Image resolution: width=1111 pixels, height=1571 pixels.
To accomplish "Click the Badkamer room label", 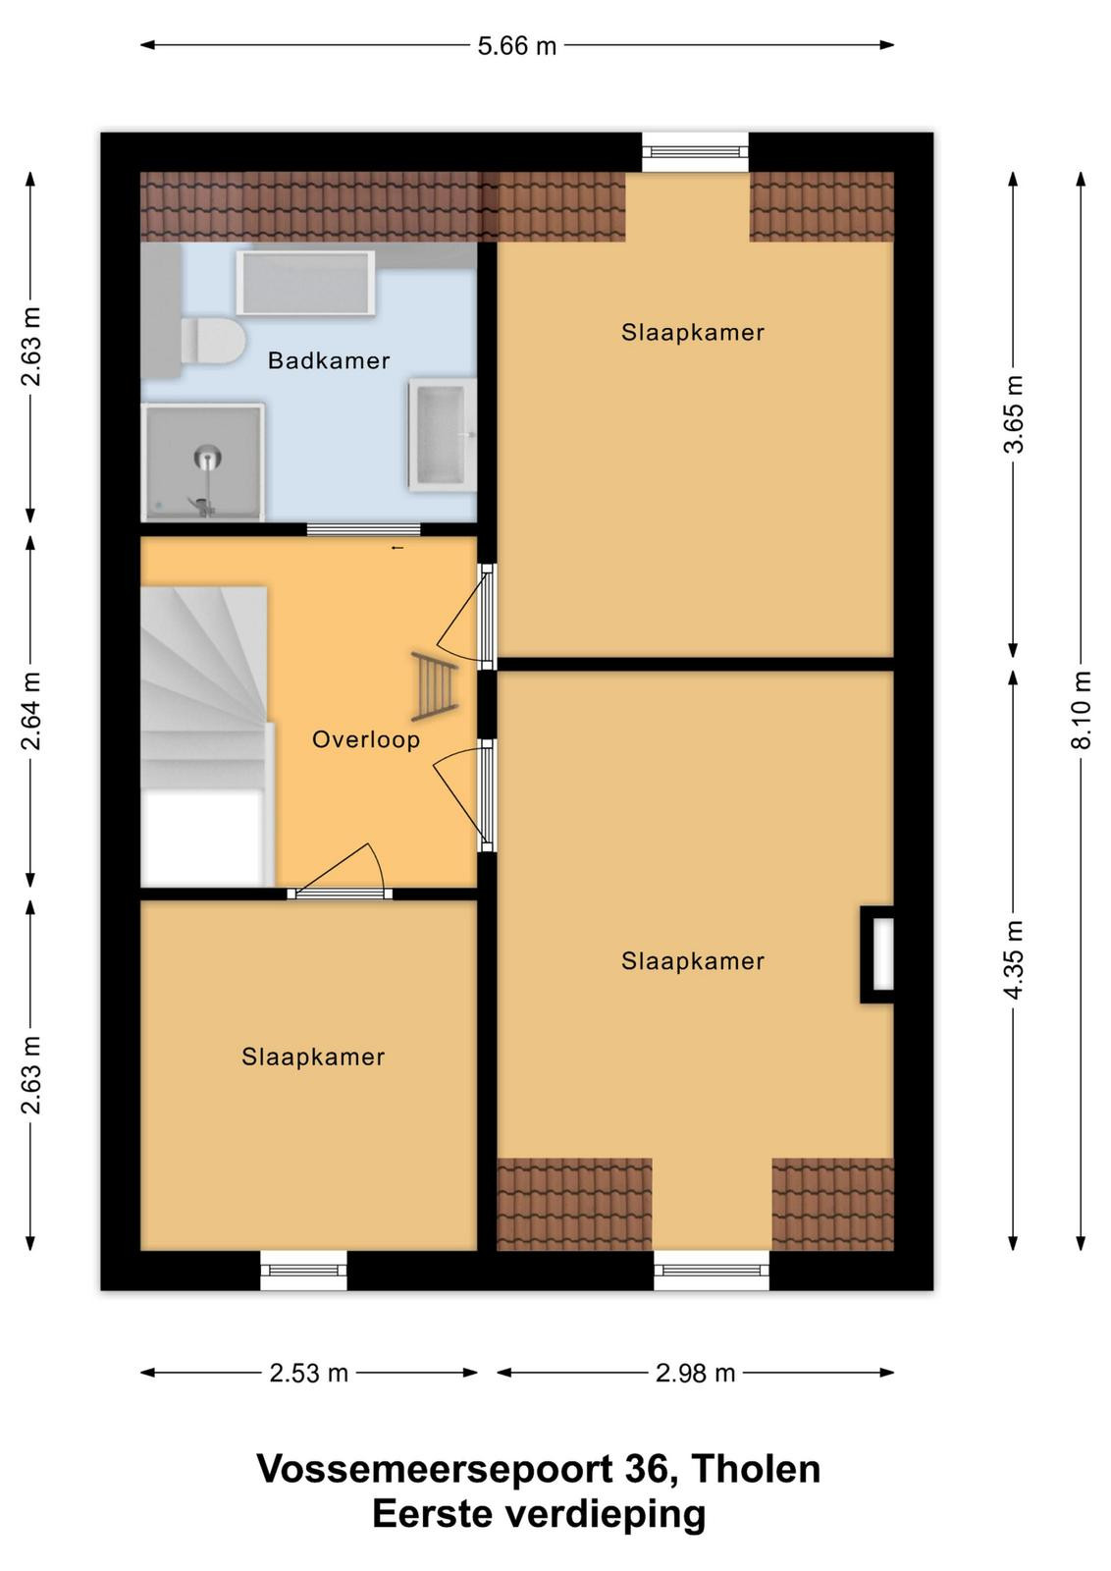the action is click(x=328, y=360).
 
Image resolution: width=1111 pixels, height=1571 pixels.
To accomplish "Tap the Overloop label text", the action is click(x=366, y=740).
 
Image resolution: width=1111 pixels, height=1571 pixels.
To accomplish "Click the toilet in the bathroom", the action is click(x=212, y=341).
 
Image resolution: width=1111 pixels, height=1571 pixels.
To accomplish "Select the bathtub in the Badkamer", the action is click(x=305, y=283).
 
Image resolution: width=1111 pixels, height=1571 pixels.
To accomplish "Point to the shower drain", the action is click(x=207, y=457).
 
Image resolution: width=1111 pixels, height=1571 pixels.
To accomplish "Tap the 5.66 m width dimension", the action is click(x=517, y=46).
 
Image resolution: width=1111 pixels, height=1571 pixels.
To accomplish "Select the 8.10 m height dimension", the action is click(x=1081, y=711).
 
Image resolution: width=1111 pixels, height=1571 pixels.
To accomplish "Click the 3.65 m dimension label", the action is click(x=1013, y=414).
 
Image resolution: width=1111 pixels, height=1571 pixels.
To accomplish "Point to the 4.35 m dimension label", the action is click(x=1013, y=958).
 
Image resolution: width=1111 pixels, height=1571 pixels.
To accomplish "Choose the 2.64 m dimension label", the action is click(x=30, y=711).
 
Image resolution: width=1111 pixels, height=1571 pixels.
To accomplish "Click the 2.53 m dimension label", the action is click(x=309, y=1374).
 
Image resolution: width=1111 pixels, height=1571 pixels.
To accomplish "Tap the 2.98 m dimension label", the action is click(x=695, y=1374).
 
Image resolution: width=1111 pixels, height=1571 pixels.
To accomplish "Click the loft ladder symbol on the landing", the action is click(x=436, y=686).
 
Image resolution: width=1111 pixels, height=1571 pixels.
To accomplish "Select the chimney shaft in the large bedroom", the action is click(x=876, y=954).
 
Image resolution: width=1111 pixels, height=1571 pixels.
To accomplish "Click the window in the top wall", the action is click(x=695, y=151).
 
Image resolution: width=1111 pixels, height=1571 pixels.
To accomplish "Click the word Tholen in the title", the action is click(x=755, y=1469).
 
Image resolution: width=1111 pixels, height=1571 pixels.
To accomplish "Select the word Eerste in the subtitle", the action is click(x=432, y=1514).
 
